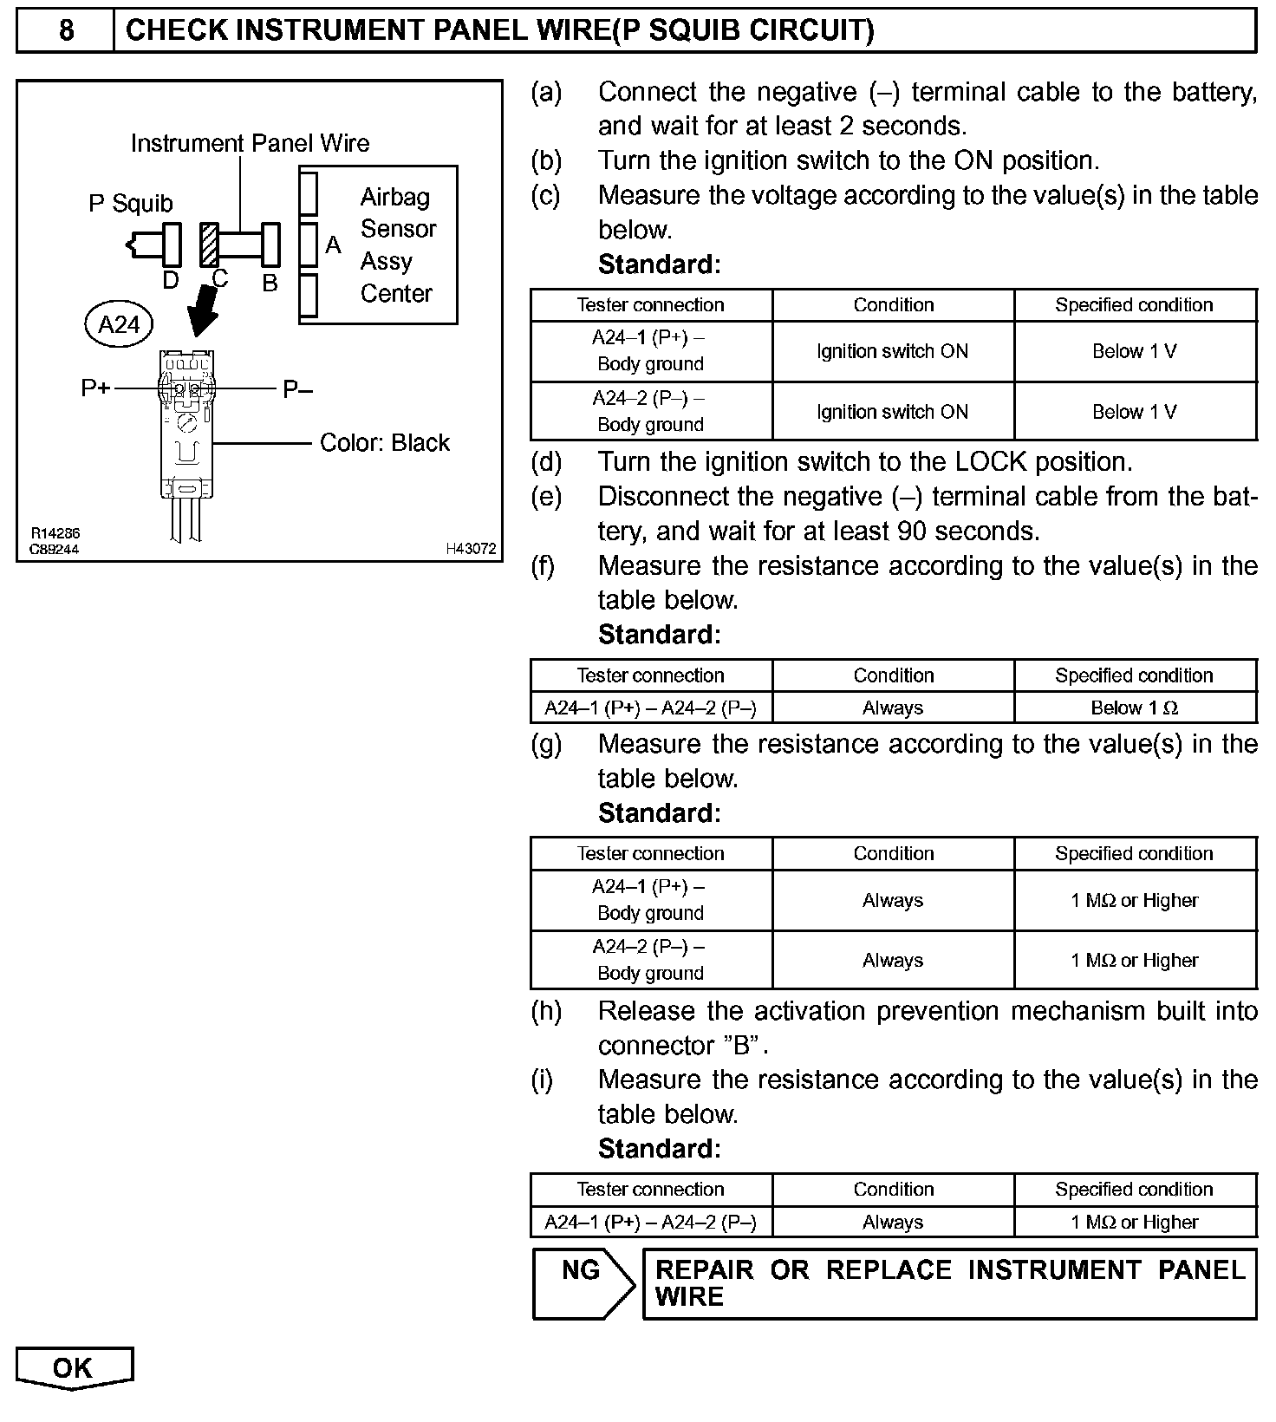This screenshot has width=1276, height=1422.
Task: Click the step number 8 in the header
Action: point(66,31)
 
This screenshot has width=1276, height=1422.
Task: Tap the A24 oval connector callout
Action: point(119,324)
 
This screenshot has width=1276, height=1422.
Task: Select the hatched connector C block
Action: point(209,245)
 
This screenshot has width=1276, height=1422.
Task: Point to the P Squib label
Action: point(131,204)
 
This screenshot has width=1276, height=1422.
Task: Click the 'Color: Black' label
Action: point(385,443)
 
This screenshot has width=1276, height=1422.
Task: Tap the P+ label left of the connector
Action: point(95,389)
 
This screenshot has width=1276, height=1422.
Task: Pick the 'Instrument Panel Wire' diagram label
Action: point(250,143)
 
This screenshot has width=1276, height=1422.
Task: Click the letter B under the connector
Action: point(270,283)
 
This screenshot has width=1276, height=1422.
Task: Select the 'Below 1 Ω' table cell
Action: point(1134,708)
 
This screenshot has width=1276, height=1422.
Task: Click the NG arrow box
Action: point(583,1283)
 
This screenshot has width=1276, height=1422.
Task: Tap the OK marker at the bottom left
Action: point(73,1368)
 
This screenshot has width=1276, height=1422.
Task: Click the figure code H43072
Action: point(471,549)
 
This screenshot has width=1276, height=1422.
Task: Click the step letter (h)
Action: point(546,1011)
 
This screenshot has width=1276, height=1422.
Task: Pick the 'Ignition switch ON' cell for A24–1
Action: point(893,351)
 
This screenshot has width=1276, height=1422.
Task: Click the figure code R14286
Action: point(55,534)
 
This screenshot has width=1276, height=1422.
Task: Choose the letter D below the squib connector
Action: point(171,279)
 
